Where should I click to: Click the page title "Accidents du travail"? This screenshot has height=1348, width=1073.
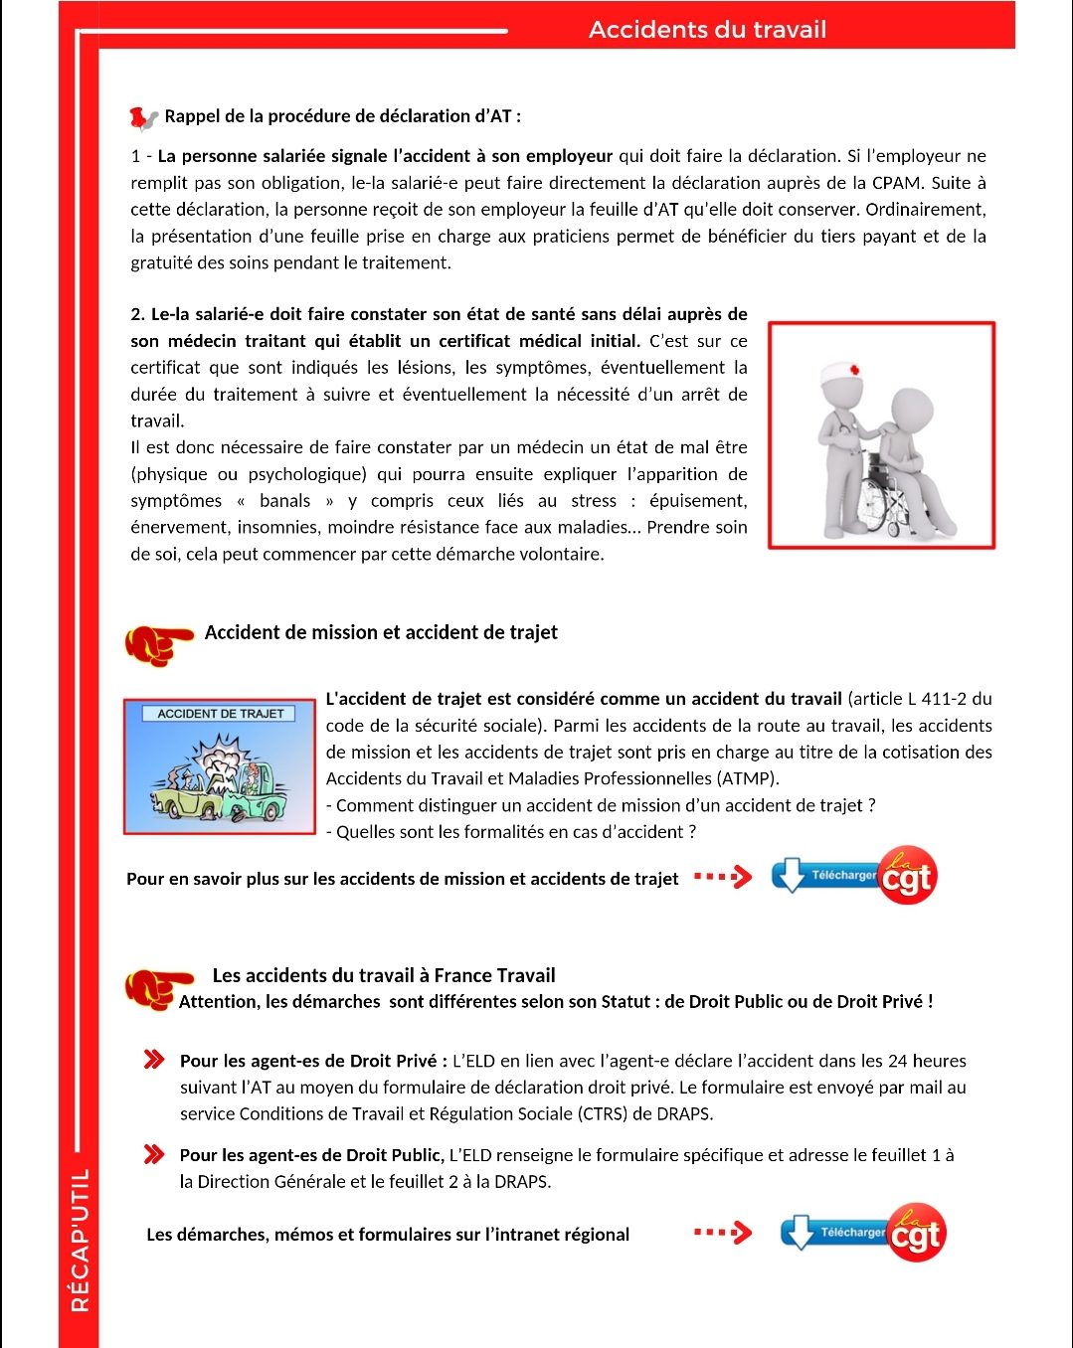pyautogui.click(x=707, y=29)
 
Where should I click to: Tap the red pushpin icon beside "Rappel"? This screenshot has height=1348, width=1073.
pyautogui.click(x=143, y=118)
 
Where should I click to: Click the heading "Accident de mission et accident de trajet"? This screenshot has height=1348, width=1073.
pyautogui.click(x=381, y=632)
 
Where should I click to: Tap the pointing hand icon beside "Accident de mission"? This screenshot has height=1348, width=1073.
pyautogui.click(x=158, y=643)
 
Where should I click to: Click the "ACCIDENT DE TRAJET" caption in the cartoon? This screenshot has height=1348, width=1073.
pyautogui.click(x=220, y=714)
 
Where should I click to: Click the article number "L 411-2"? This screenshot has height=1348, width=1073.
pyautogui.click(x=939, y=699)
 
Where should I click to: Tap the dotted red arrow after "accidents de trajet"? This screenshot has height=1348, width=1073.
pyautogui.click(x=723, y=877)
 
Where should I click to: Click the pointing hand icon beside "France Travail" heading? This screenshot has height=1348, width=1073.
pyautogui.click(x=158, y=987)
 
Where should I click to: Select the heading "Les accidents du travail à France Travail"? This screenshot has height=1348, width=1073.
pyautogui.click(x=384, y=975)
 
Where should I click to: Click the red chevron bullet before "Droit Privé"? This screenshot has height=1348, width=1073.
pyautogui.click(x=154, y=1059)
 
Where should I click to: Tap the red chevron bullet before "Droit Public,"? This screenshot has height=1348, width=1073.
pyautogui.click(x=154, y=1154)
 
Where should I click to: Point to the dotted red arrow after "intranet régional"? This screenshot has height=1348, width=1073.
pyautogui.click(x=723, y=1233)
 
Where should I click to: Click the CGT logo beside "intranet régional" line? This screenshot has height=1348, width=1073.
pyautogui.click(x=915, y=1234)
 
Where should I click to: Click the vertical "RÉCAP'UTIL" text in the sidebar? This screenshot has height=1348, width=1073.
pyautogui.click(x=81, y=1240)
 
